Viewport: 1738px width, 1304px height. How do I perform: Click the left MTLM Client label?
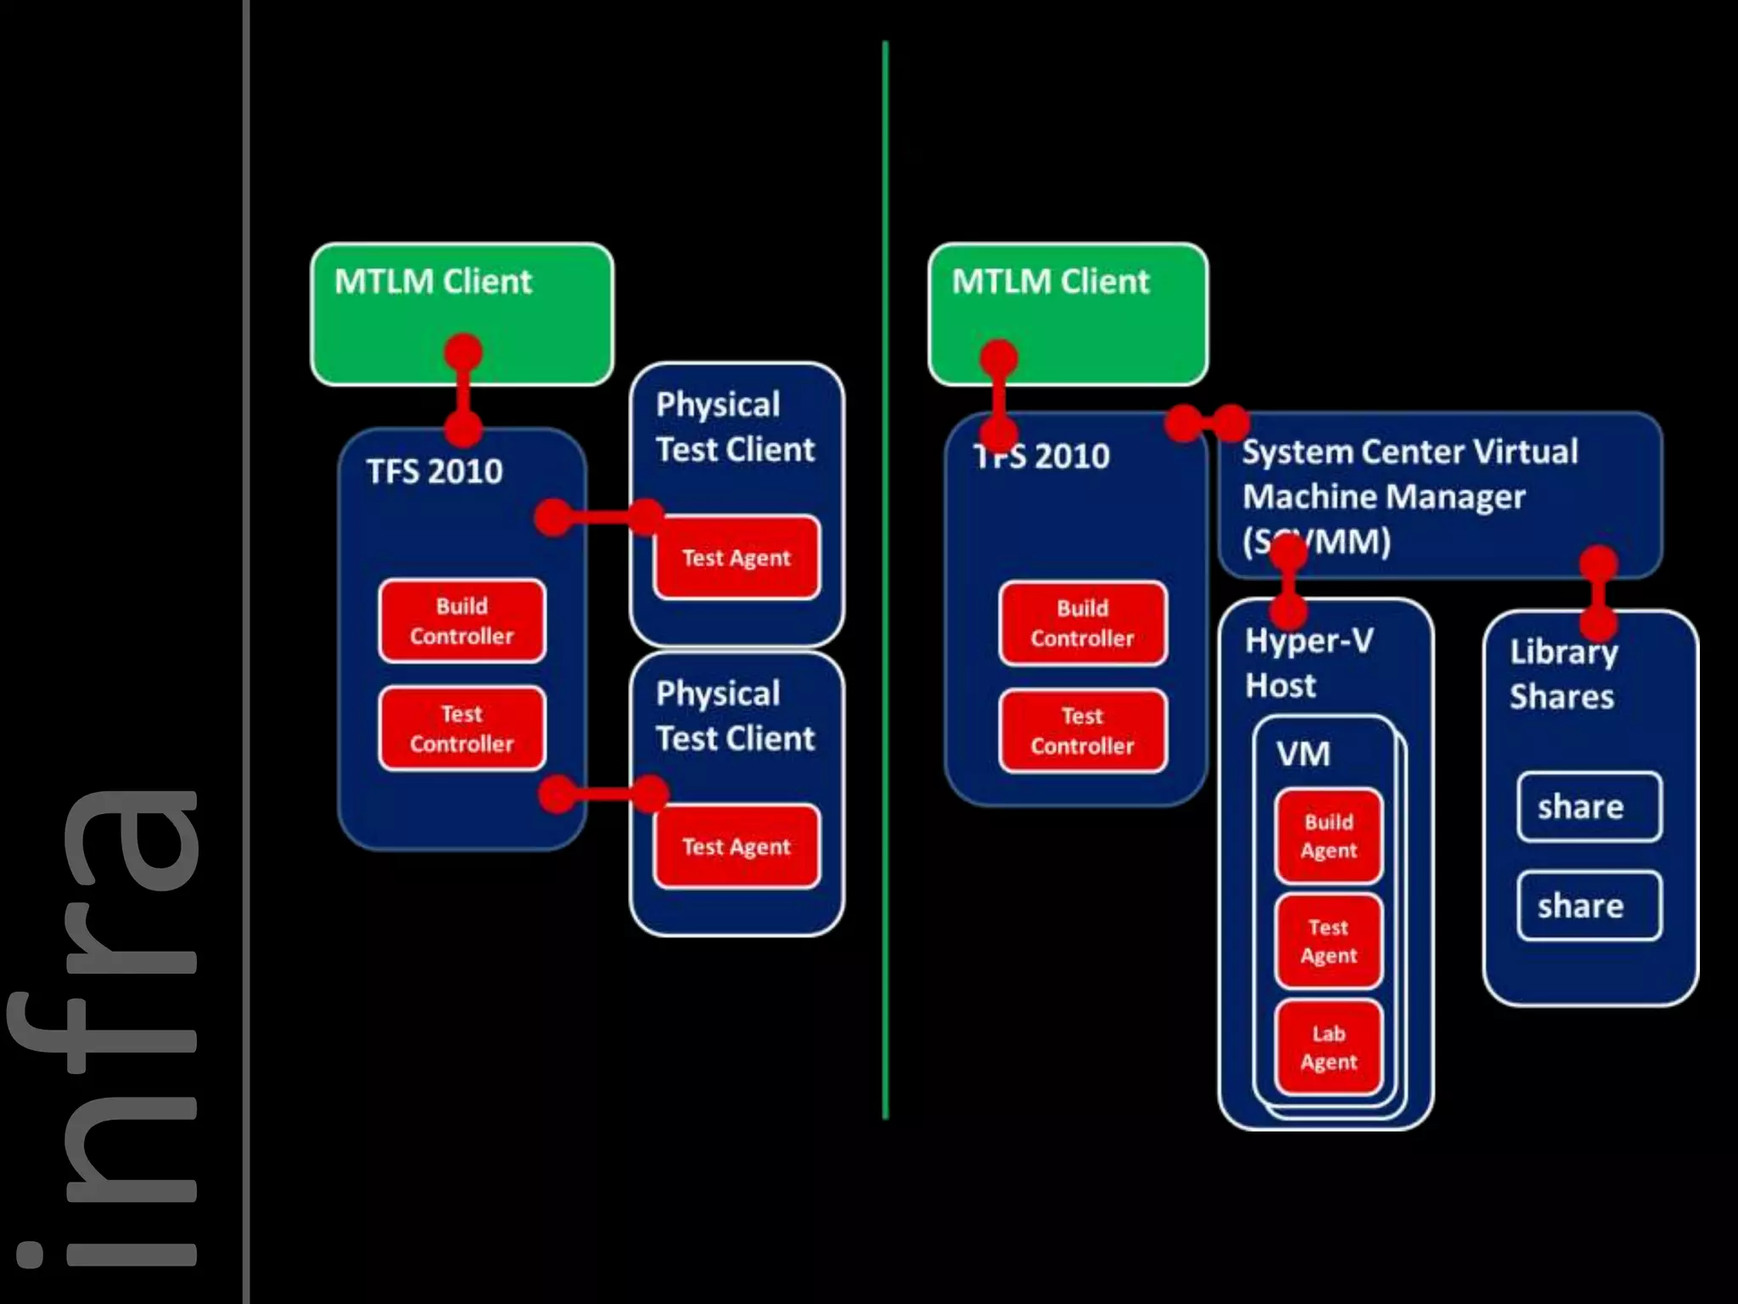pyautogui.click(x=433, y=282)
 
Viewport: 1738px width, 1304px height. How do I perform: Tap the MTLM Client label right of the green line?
pyautogui.click(x=1050, y=282)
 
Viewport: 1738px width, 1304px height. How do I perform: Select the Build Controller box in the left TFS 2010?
pyautogui.click(x=462, y=621)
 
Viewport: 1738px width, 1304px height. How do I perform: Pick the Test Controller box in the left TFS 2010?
pyautogui.click(x=462, y=728)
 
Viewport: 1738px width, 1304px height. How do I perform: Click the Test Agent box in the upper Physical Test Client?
pyautogui.click(x=736, y=558)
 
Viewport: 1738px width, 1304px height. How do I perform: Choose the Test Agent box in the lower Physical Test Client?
pyautogui.click(x=736, y=846)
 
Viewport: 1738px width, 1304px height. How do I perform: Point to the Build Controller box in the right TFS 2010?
pyautogui.click(x=1082, y=623)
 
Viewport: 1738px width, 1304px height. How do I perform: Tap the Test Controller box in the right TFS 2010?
pyautogui.click(x=1082, y=731)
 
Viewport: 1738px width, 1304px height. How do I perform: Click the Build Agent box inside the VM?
pyautogui.click(x=1328, y=836)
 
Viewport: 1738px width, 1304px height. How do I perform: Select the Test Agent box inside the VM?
pyautogui.click(x=1328, y=941)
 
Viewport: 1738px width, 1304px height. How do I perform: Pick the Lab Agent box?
pyautogui.click(x=1328, y=1048)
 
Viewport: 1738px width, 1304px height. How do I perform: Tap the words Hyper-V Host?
pyautogui.click(x=1308, y=663)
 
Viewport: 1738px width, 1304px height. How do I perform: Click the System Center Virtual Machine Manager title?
pyautogui.click(x=1409, y=496)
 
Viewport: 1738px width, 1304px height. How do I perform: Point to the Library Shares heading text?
pyautogui.click(x=1563, y=674)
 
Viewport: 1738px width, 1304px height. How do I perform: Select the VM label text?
pyautogui.click(x=1303, y=754)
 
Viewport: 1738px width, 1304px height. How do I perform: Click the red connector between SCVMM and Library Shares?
pyautogui.click(x=1599, y=593)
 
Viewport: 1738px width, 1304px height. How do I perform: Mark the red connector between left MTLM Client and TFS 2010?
pyautogui.click(x=463, y=391)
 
